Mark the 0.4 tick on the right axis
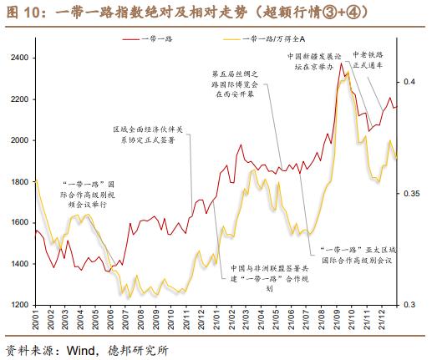pyautogui.click(x=409, y=82)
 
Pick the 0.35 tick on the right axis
pyautogui.click(x=411, y=194)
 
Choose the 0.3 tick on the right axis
pyautogui.click(x=409, y=305)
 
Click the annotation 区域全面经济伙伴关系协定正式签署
pyautogui.click(x=150, y=135)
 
